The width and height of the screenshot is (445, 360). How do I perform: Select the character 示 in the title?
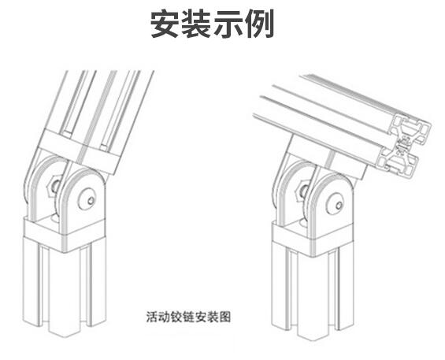(228, 24)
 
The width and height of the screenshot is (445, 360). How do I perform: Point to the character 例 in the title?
(259, 24)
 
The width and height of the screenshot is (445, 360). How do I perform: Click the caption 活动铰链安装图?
(188, 317)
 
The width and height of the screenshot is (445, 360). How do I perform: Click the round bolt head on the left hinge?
(87, 199)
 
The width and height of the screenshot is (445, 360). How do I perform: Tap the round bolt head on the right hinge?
(336, 204)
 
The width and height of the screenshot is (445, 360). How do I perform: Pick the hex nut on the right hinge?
(302, 191)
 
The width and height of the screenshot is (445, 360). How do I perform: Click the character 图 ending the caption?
(224, 317)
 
